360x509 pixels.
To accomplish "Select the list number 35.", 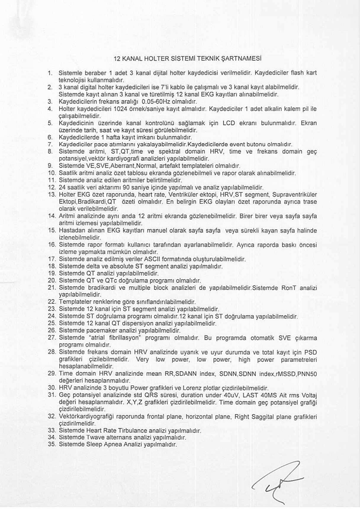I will pyautogui.click(x=51, y=444).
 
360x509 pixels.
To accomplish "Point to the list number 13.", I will pyautogui.click(x=51, y=194).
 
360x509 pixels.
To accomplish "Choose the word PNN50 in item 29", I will pyautogui.click(x=306, y=373).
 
